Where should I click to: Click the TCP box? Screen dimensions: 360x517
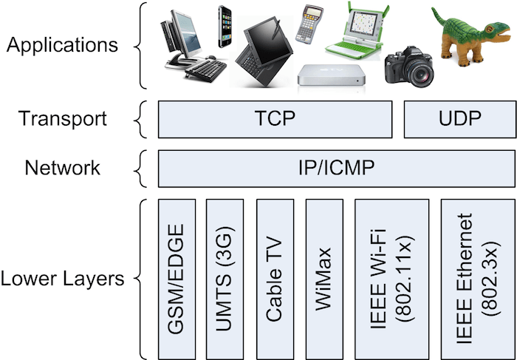pyautogui.click(x=275, y=118)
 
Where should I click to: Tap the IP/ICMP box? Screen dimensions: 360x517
pyautogui.click(x=331, y=168)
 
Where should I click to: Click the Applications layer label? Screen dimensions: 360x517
pyautogui.click(x=61, y=44)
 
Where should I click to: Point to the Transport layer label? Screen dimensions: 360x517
pyautogui.click(x=63, y=118)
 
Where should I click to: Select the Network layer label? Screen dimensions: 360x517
pyautogui.click(x=63, y=168)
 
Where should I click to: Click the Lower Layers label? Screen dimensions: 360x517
pyautogui.click(x=61, y=279)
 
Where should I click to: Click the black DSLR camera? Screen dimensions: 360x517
pyautogui.click(x=408, y=67)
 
